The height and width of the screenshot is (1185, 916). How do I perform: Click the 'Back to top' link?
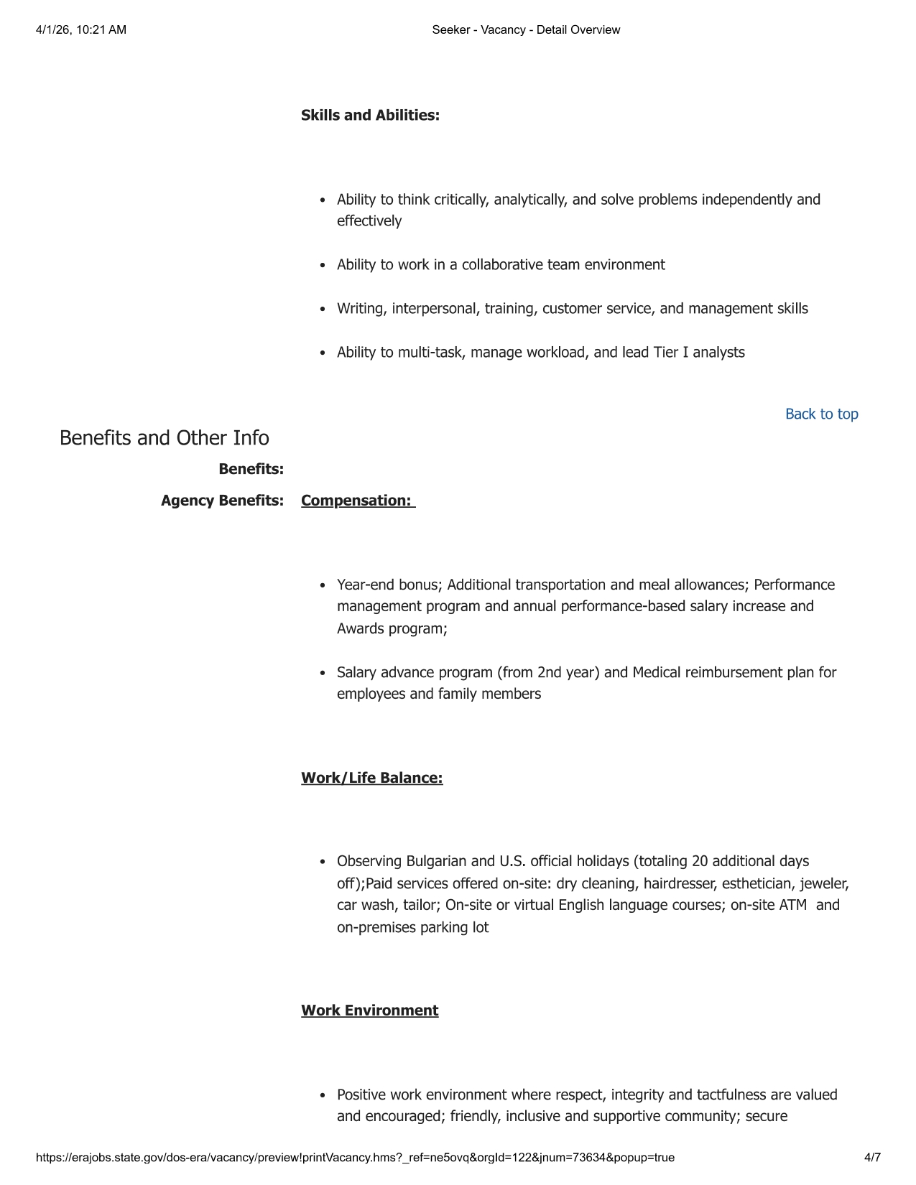coord(821,414)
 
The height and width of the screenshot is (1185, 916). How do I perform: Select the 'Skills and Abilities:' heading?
coord(370,116)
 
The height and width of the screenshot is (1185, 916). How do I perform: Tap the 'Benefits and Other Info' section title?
coord(164,438)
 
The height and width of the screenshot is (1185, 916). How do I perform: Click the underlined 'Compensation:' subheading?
coord(357,501)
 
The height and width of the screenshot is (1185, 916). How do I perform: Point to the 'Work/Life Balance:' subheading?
coord(371,779)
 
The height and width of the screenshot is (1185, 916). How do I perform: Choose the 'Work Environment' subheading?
coord(369,1011)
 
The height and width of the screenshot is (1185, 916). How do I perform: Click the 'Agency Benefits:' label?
coord(222,501)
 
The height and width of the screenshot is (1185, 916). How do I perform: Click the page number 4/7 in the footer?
coord(872,1158)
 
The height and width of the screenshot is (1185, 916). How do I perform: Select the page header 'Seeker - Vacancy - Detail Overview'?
coord(526,30)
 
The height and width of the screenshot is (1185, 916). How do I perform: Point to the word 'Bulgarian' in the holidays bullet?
coord(436,861)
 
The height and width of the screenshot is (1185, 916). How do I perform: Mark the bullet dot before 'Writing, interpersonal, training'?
coord(323,310)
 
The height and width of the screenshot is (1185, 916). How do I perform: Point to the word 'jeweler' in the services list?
coord(825,883)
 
